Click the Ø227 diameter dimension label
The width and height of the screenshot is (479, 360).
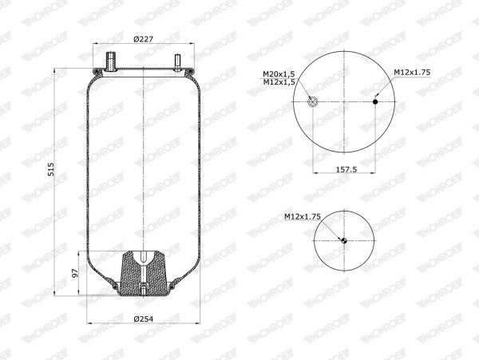click(x=143, y=39)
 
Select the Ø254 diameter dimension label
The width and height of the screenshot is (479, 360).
click(x=144, y=319)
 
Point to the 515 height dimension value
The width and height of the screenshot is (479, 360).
click(x=51, y=169)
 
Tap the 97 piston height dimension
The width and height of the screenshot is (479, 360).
click(x=75, y=273)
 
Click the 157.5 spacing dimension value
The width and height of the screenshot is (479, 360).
click(x=346, y=169)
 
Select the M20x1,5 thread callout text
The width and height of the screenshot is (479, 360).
click(x=279, y=74)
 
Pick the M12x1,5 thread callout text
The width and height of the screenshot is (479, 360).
click(x=279, y=82)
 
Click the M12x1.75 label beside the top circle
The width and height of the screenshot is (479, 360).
click(x=412, y=73)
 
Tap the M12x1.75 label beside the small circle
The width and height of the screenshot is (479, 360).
click(x=303, y=216)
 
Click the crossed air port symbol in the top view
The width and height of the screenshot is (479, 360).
click(x=313, y=101)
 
